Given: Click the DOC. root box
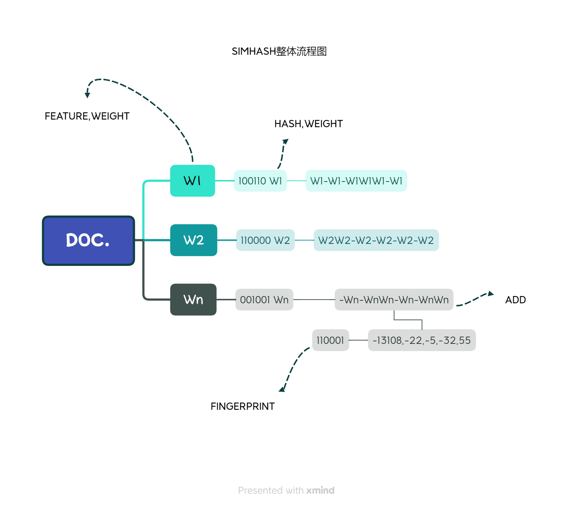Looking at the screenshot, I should (88, 241).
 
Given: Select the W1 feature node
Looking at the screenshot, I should (192, 181).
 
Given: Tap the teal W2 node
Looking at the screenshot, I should (193, 240).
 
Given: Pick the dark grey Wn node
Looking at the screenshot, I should (193, 300).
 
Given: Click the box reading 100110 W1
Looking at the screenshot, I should (260, 181).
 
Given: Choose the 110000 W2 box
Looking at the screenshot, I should (265, 240).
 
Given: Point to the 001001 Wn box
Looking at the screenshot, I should (264, 300).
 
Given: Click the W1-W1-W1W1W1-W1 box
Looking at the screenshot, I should (356, 181).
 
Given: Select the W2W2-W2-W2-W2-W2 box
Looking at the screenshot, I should (376, 240).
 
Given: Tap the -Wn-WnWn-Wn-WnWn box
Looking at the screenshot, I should (394, 300).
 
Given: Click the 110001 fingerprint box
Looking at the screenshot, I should (330, 340).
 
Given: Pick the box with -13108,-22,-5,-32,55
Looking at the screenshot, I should (422, 340).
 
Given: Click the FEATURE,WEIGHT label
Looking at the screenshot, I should (87, 116).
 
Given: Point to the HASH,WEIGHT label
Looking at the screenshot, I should (308, 124).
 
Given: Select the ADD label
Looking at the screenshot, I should (515, 300).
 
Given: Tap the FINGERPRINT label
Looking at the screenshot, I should (242, 406).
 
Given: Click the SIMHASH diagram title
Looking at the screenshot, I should (279, 51).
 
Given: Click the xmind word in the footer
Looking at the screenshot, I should (320, 490).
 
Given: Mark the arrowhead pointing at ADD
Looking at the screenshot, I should (491, 293).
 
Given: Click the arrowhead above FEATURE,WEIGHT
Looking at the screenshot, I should (87, 95).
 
